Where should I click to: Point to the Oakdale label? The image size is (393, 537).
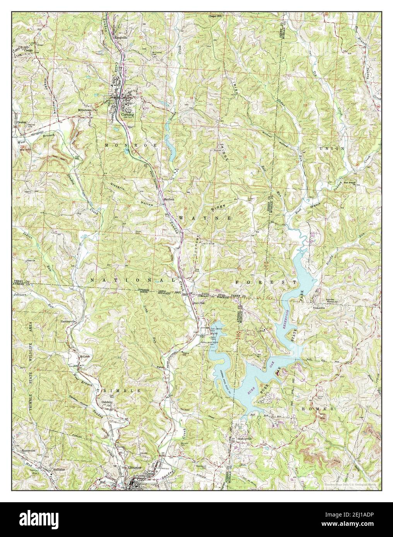pos(107,402)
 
